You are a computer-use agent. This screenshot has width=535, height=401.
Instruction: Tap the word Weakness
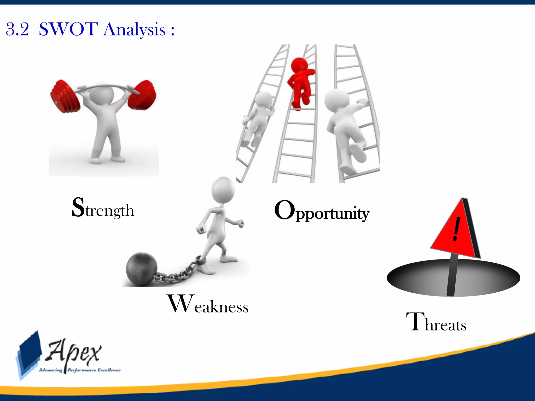(208, 304)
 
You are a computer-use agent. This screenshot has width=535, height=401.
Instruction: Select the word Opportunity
(322, 211)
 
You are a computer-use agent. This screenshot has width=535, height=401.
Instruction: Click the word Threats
(436, 323)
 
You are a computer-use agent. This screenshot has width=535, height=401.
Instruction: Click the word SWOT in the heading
(68, 29)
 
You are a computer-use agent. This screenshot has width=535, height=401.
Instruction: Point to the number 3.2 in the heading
(17, 29)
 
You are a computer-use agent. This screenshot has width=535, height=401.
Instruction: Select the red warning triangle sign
(455, 232)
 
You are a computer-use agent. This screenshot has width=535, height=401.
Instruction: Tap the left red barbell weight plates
(65, 97)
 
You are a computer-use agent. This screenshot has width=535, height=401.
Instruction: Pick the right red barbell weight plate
(143, 95)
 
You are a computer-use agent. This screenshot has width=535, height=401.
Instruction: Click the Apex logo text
(73, 352)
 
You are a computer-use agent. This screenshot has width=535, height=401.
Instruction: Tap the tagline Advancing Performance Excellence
(80, 370)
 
